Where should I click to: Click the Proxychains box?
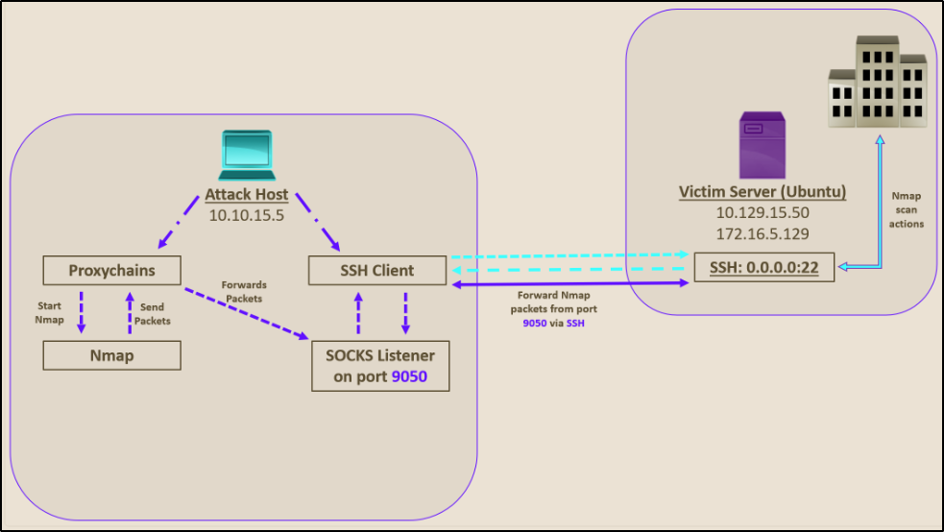coord(112,271)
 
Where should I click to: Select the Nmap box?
coord(112,355)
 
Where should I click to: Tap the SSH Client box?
coord(377,271)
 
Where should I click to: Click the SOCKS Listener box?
coord(380,366)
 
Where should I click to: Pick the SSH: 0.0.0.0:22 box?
coord(763,267)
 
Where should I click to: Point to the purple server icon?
coord(762,144)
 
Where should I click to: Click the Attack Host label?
coord(246,196)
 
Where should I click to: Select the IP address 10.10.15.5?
coord(246,215)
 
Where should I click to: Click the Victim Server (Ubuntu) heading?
coord(762,191)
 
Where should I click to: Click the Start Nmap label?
coord(50,313)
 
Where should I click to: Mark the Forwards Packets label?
coord(243,292)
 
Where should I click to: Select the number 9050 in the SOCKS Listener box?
coord(408,377)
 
